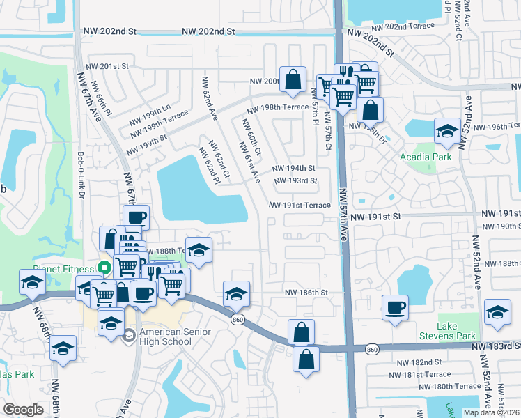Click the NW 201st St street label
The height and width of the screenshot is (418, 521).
coord(108,66)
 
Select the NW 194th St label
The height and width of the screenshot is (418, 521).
coord(293,168)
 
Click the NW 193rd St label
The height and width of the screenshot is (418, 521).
coord(295,181)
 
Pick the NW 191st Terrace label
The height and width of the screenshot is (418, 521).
coord(300,206)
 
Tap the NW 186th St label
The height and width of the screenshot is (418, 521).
coord(305,293)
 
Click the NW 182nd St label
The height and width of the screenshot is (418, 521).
coord(419,362)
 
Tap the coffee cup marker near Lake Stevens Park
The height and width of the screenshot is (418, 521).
coord(396,307)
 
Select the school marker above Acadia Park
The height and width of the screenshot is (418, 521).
coord(446,130)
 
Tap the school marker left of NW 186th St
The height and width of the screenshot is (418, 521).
coord(236,293)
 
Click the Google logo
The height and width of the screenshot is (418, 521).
coord(23,410)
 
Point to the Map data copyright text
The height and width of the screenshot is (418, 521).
coord(491,412)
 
